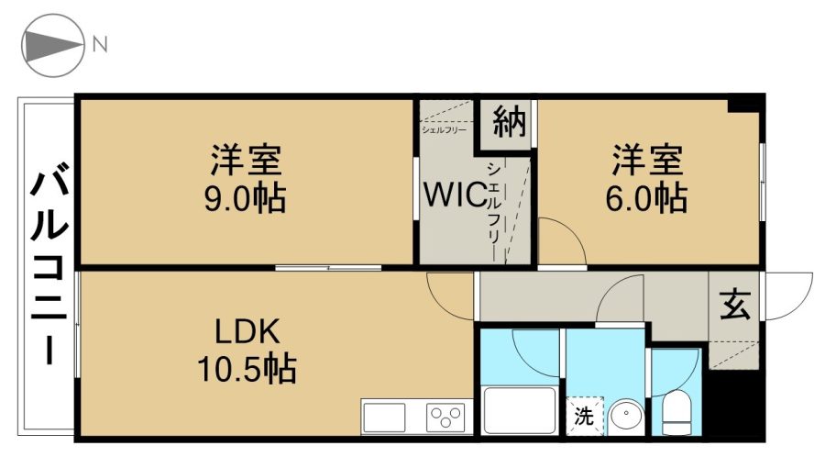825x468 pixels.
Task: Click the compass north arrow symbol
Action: tap(52, 45)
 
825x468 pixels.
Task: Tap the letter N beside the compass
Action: tap(100, 45)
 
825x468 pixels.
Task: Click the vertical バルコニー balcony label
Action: tap(49, 267)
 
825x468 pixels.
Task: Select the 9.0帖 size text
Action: tap(245, 199)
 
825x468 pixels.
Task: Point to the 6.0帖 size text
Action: tap(646, 198)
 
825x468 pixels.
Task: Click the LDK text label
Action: tap(247, 332)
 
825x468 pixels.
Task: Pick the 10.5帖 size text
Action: tap(247, 369)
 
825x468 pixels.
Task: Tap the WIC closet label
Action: tap(455, 195)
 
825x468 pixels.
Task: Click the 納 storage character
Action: tap(509, 122)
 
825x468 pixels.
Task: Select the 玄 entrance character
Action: tap(734, 305)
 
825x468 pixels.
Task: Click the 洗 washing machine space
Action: tap(584, 417)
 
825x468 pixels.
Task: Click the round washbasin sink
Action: tap(625, 417)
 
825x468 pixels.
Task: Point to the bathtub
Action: tap(519, 410)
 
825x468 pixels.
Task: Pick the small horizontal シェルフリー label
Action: tap(444, 129)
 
